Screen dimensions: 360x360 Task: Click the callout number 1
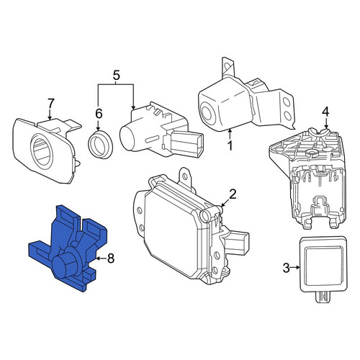[230, 145]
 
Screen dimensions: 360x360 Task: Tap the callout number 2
[233, 194]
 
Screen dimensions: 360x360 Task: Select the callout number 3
[287, 268]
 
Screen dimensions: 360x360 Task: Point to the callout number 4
[325, 112]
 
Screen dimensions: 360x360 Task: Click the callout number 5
[116, 76]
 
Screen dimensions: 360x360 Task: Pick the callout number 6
[99, 114]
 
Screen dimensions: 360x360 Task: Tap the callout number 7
[51, 104]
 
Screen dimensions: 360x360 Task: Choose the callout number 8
[111, 258]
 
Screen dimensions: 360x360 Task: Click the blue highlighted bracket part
[68, 248]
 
